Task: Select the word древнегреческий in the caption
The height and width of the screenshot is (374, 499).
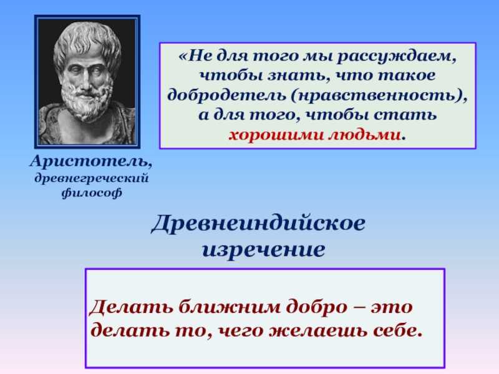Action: [x=92, y=178]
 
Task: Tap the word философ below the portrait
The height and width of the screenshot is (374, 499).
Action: [x=92, y=193]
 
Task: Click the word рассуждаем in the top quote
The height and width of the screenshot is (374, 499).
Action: [x=397, y=57]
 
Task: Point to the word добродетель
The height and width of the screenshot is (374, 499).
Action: [x=226, y=95]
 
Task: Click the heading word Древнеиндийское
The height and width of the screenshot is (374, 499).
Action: [x=258, y=223]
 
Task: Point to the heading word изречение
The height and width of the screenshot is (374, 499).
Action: [x=263, y=249]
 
